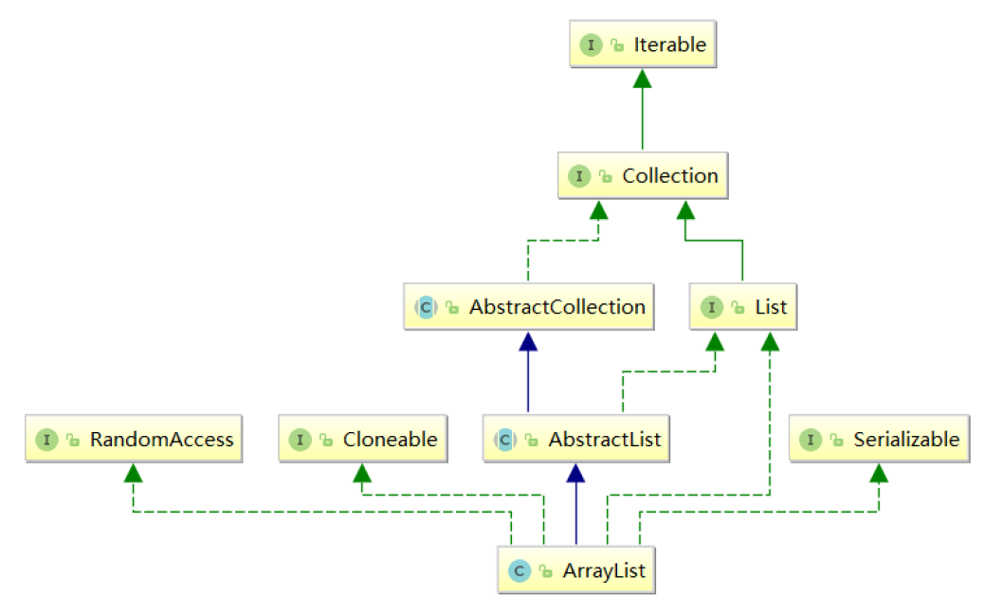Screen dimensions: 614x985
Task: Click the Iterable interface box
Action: pos(643,44)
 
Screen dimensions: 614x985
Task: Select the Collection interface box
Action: pos(643,175)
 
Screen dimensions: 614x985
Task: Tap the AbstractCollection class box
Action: pos(529,307)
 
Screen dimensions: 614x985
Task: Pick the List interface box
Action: pos(742,307)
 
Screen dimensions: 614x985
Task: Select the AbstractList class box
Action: pos(575,440)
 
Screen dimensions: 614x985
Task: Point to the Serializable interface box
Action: pos(879,440)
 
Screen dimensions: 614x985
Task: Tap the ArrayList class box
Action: pos(575,570)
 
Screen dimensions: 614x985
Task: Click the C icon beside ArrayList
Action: pos(519,571)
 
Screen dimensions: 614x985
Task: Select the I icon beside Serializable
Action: pos(811,441)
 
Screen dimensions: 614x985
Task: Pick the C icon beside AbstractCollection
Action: pos(425,308)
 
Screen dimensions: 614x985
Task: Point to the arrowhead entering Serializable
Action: pos(879,473)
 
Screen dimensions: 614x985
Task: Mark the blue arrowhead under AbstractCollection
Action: pos(529,341)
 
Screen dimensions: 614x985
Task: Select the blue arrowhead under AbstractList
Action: pos(575,473)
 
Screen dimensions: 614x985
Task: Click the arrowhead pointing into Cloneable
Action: pos(361,473)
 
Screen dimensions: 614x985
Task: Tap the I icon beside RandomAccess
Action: pos(46,441)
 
